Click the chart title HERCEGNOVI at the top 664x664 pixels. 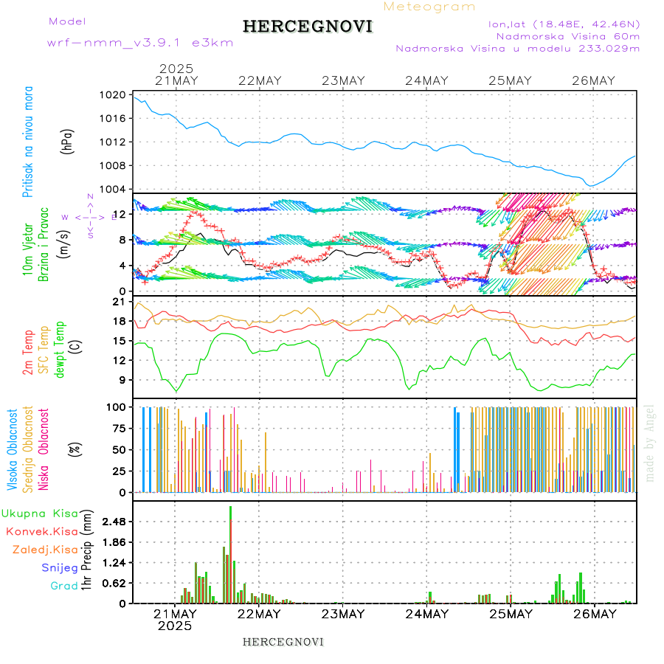tap(308, 27)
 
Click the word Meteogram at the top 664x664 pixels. tap(430, 7)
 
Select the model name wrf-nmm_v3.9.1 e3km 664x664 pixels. tap(140, 42)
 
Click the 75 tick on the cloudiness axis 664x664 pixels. tap(117, 428)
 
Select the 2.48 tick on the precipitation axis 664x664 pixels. tap(113, 522)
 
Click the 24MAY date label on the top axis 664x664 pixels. tap(426, 80)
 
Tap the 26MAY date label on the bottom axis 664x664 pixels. tap(594, 614)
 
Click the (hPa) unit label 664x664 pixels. tap(68, 140)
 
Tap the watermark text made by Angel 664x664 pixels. tap(650, 443)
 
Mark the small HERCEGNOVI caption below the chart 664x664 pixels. tap(283, 641)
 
